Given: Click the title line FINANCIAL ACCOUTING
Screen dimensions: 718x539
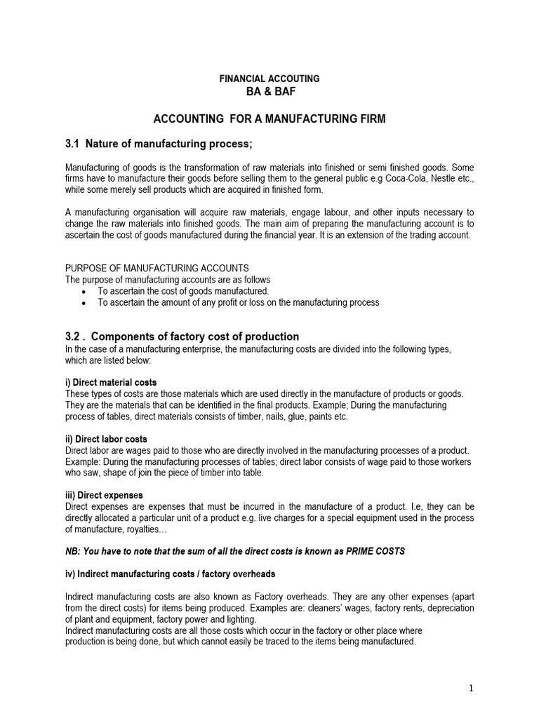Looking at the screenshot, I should point(269,79).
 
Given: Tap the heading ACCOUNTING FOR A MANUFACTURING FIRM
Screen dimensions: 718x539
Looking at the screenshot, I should point(269,119).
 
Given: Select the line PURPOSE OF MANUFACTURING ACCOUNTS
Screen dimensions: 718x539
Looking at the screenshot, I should point(157,269).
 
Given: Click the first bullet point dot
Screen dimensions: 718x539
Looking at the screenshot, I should point(84,291).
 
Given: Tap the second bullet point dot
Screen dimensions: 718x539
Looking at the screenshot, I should point(84,302).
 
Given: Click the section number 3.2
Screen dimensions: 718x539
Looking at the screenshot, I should point(74,336).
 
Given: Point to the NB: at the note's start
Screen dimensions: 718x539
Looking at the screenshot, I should point(73,551).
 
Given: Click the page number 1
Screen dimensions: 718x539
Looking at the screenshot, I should point(471,689).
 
